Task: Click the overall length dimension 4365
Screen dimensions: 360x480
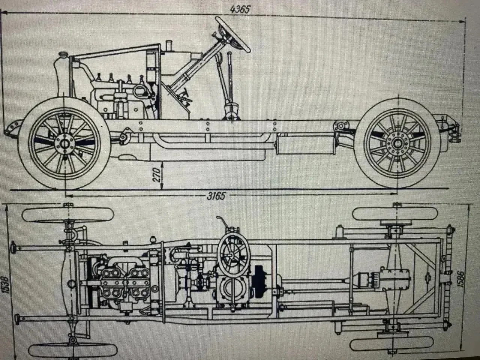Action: [240, 9]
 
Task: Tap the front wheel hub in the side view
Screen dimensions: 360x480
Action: [65, 144]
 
